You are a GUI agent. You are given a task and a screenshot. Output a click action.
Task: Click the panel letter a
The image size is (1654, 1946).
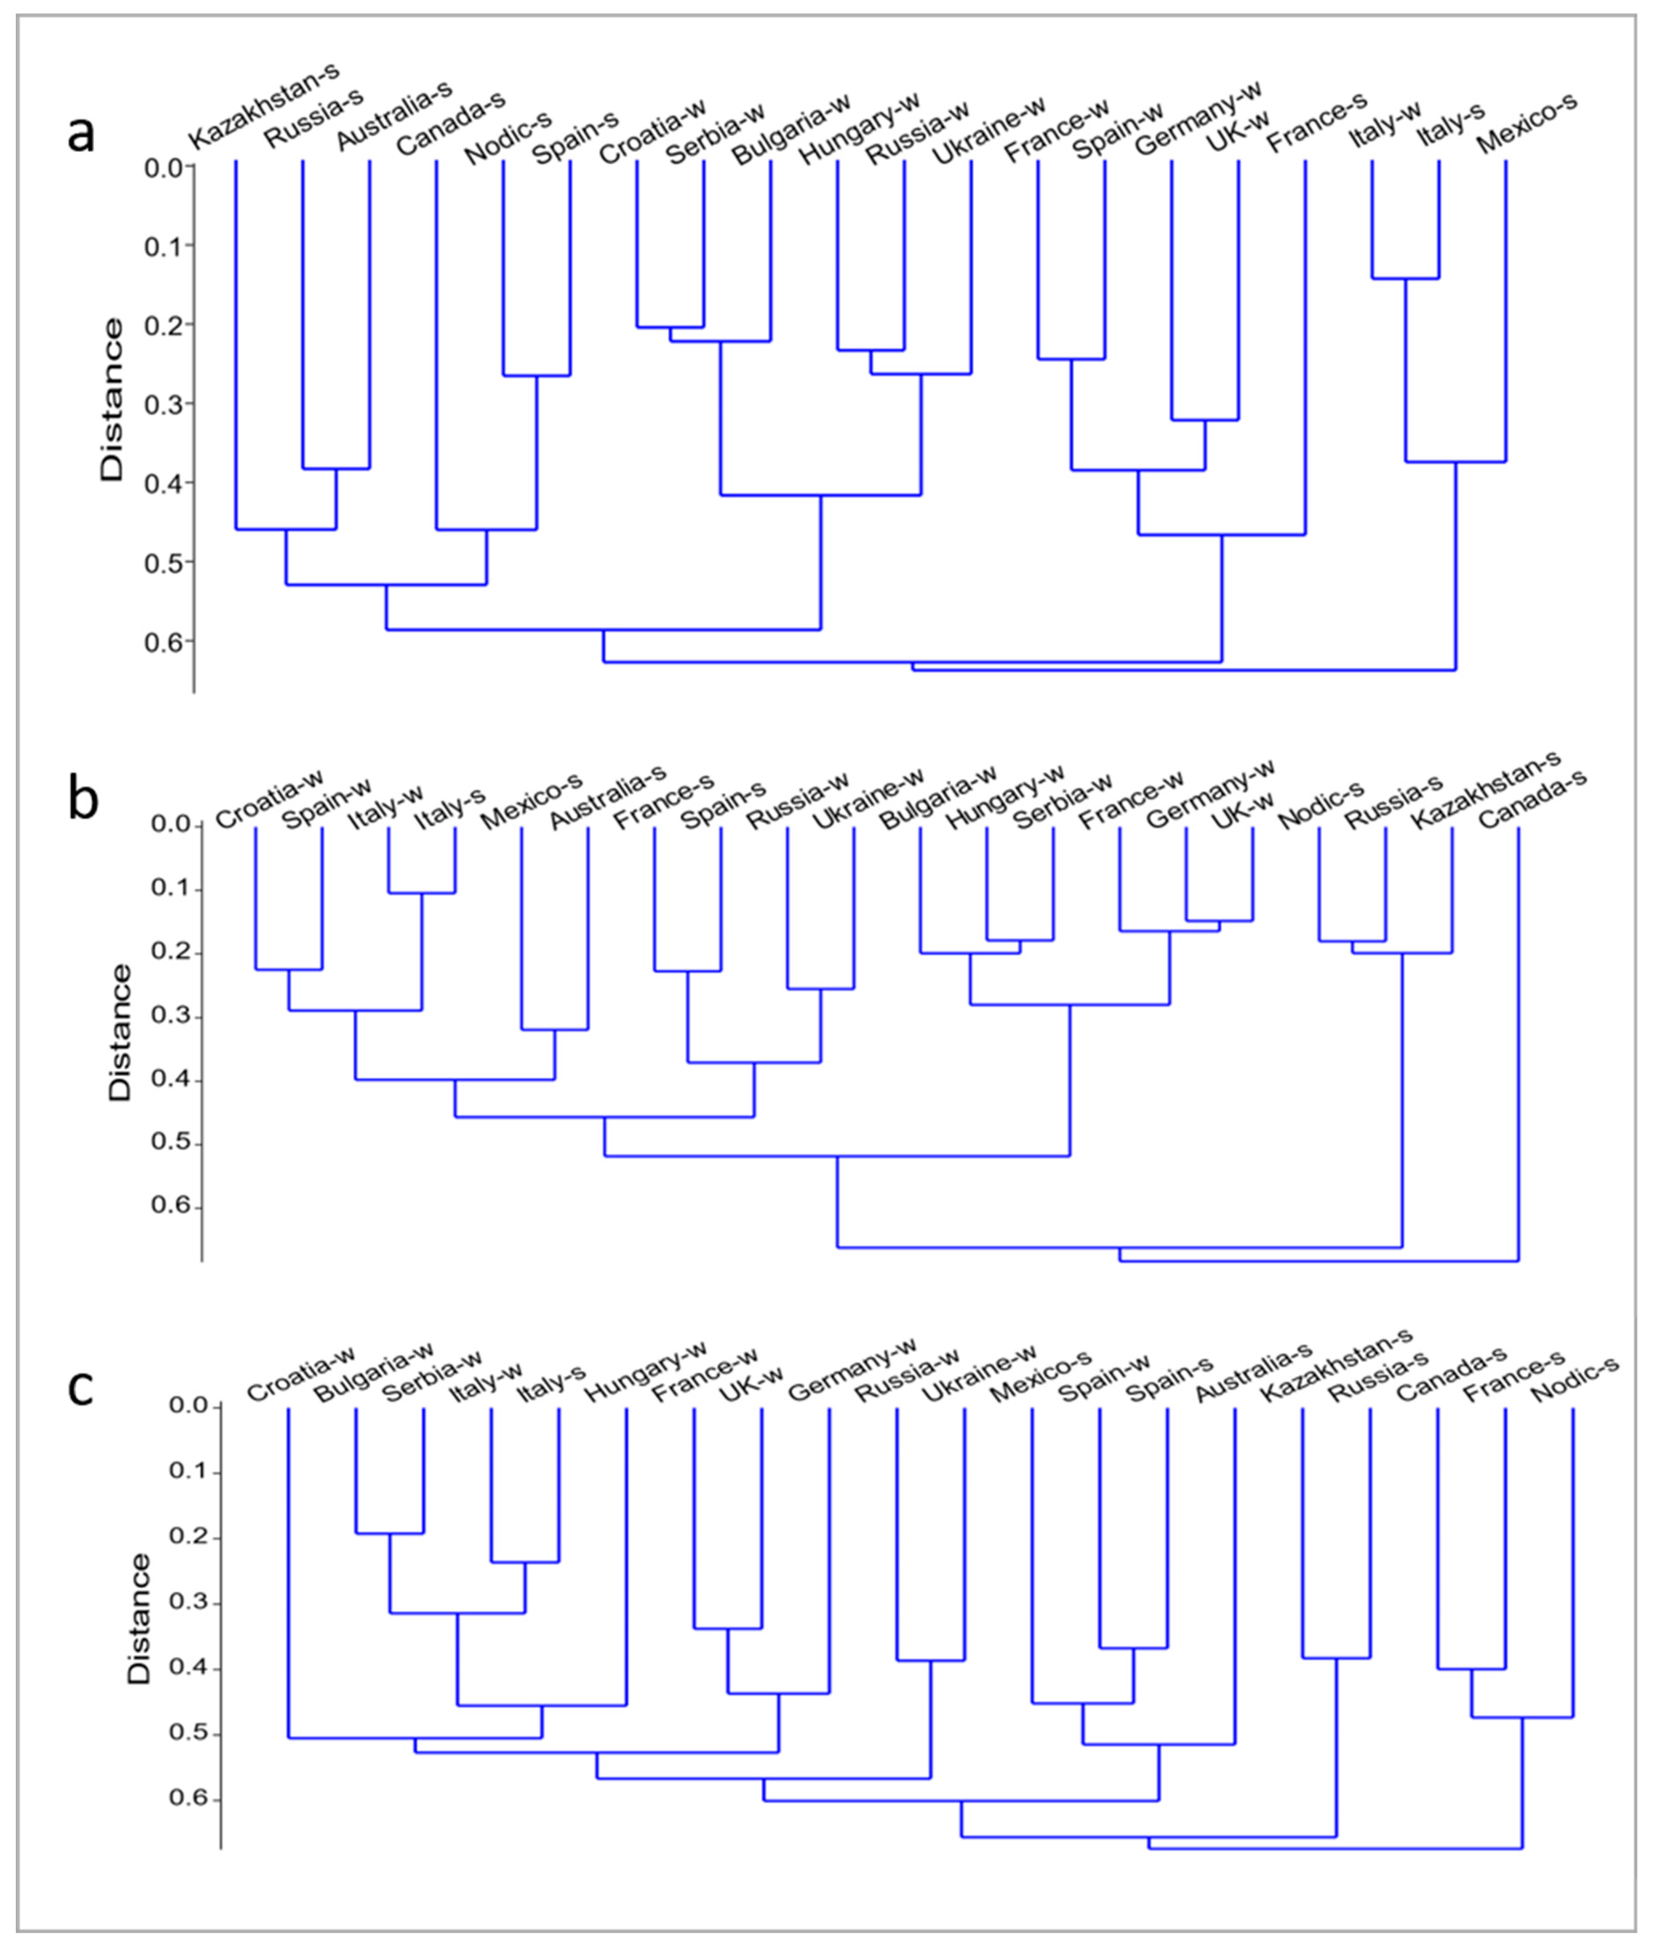click(x=82, y=134)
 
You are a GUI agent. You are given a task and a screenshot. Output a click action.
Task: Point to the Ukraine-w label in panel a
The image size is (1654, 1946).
click(x=989, y=129)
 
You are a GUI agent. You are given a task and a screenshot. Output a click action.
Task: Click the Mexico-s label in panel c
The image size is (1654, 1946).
click(x=1041, y=1376)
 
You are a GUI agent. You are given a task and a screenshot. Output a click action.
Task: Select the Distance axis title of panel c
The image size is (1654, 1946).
click(x=139, y=1619)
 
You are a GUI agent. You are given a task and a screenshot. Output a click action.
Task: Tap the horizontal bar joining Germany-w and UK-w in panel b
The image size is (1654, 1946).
click(x=1219, y=921)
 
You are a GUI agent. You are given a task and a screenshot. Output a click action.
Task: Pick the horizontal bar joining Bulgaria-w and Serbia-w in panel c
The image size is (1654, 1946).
click(x=389, y=1534)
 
